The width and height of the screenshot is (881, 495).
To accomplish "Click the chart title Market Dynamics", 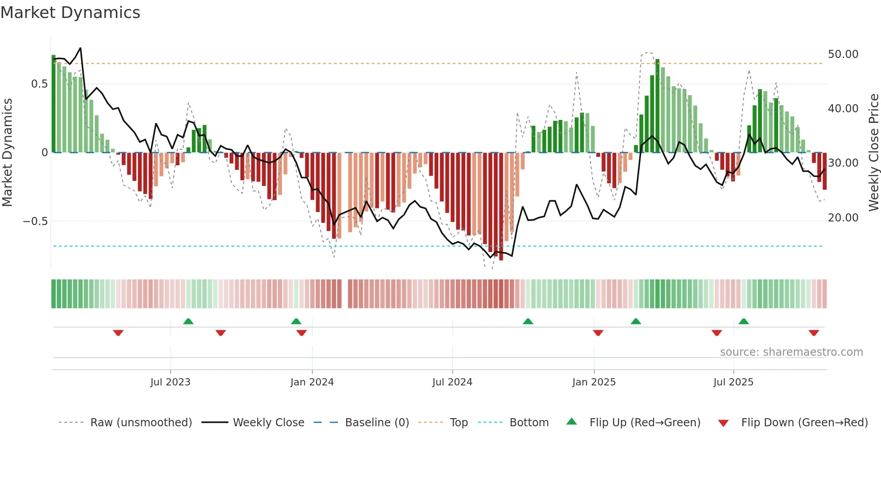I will (x=71, y=13).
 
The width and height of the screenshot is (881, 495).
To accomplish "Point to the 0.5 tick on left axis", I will (x=39, y=84).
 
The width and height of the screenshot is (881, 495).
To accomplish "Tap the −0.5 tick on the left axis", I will (x=35, y=221).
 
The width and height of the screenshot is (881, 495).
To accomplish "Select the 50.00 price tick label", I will (x=843, y=54).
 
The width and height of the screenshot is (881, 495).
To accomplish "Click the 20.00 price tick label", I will (x=843, y=218).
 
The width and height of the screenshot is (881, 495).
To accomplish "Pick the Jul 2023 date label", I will (x=170, y=382).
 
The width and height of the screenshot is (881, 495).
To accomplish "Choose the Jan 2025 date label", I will (x=594, y=382).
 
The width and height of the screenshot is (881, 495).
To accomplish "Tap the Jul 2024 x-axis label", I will (x=452, y=382).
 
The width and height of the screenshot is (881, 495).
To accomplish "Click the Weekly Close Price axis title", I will (x=873, y=153).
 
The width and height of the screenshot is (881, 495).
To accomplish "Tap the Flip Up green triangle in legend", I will (x=571, y=421).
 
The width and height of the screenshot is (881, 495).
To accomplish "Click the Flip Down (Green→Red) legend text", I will (x=804, y=423).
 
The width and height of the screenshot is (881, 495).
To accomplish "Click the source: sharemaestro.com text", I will (x=791, y=352).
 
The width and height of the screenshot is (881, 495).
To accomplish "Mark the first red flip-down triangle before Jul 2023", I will (x=118, y=333).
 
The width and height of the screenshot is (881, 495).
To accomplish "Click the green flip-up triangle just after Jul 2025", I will (x=743, y=321).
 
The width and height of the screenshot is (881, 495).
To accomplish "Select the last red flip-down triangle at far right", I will (x=814, y=333).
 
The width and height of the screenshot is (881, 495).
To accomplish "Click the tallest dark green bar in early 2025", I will (x=657, y=106).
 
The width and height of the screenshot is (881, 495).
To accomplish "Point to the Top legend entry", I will (x=458, y=423).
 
